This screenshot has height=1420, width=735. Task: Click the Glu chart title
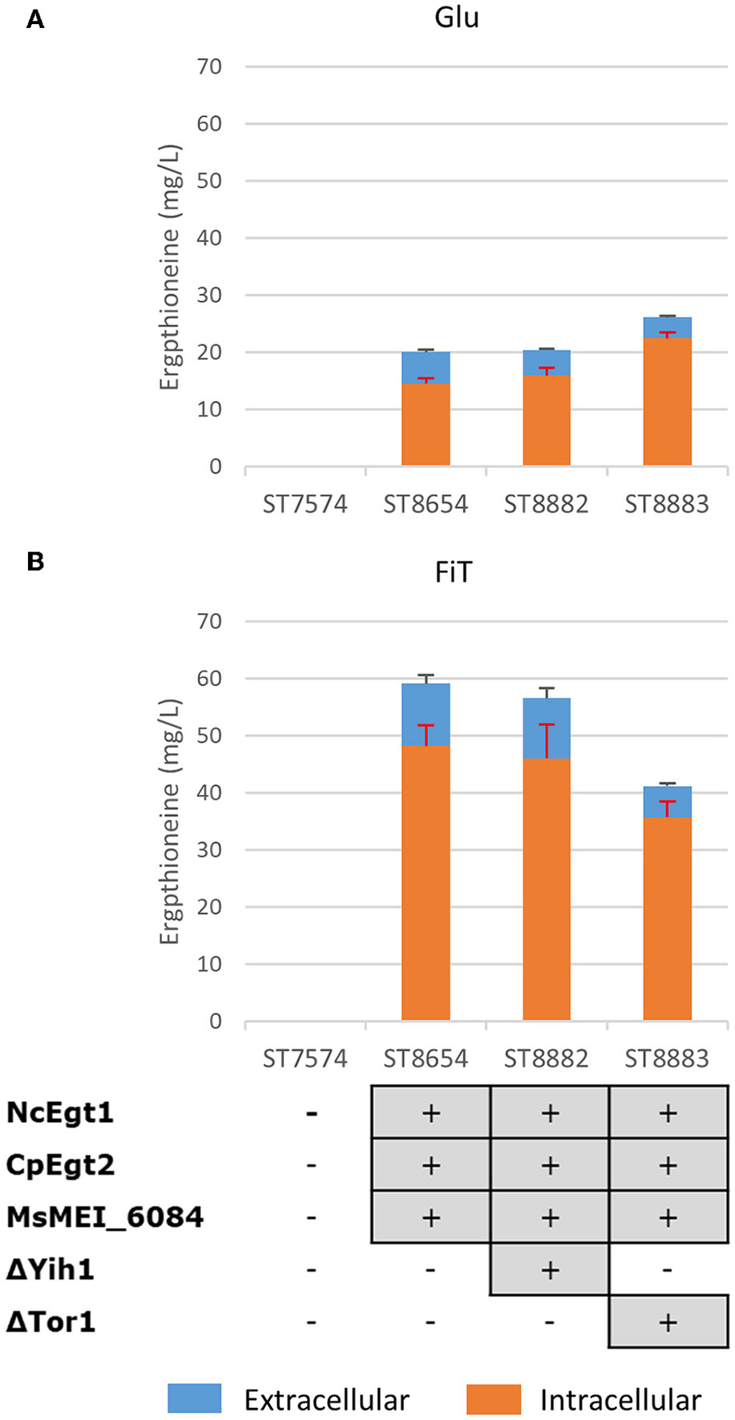click(x=457, y=17)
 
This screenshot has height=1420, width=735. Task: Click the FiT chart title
click(x=454, y=572)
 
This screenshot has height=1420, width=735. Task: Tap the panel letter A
click(x=35, y=20)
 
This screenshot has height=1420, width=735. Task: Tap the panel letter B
click(x=35, y=561)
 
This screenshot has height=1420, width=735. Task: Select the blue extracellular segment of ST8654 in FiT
click(x=426, y=713)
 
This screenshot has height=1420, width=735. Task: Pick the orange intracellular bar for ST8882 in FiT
click(x=547, y=890)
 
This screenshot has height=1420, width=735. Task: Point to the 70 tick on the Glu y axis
click(x=209, y=67)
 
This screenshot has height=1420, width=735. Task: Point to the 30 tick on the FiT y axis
click(x=209, y=849)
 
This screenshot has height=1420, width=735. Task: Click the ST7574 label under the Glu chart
click(x=305, y=504)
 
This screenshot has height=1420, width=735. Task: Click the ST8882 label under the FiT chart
click(x=547, y=1059)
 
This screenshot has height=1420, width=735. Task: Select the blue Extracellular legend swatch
click(x=194, y=1398)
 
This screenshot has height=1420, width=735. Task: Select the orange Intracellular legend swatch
click(x=493, y=1398)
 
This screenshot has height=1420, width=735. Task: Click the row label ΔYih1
click(x=50, y=1269)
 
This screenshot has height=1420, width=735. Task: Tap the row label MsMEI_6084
click(x=105, y=1217)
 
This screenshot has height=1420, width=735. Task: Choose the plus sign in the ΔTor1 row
click(x=668, y=1322)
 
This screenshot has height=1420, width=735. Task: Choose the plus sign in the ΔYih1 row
click(x=550, y=1269)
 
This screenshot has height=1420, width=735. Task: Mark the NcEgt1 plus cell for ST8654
click(x=430, y=1112)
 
